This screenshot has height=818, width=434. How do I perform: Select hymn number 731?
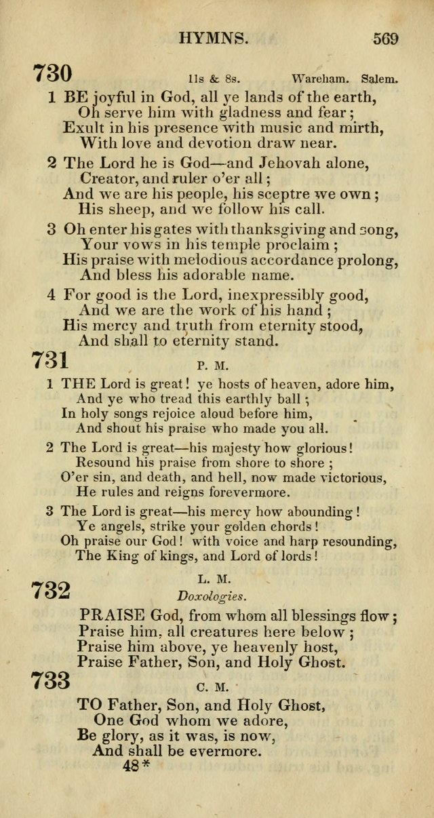pos(49,359)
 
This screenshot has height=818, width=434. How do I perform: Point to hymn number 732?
pos(50,589)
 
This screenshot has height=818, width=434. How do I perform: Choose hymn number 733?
pos(50,680)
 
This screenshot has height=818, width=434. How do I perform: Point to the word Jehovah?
pos(288,163)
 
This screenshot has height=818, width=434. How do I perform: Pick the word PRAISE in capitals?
pos(113,616)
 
